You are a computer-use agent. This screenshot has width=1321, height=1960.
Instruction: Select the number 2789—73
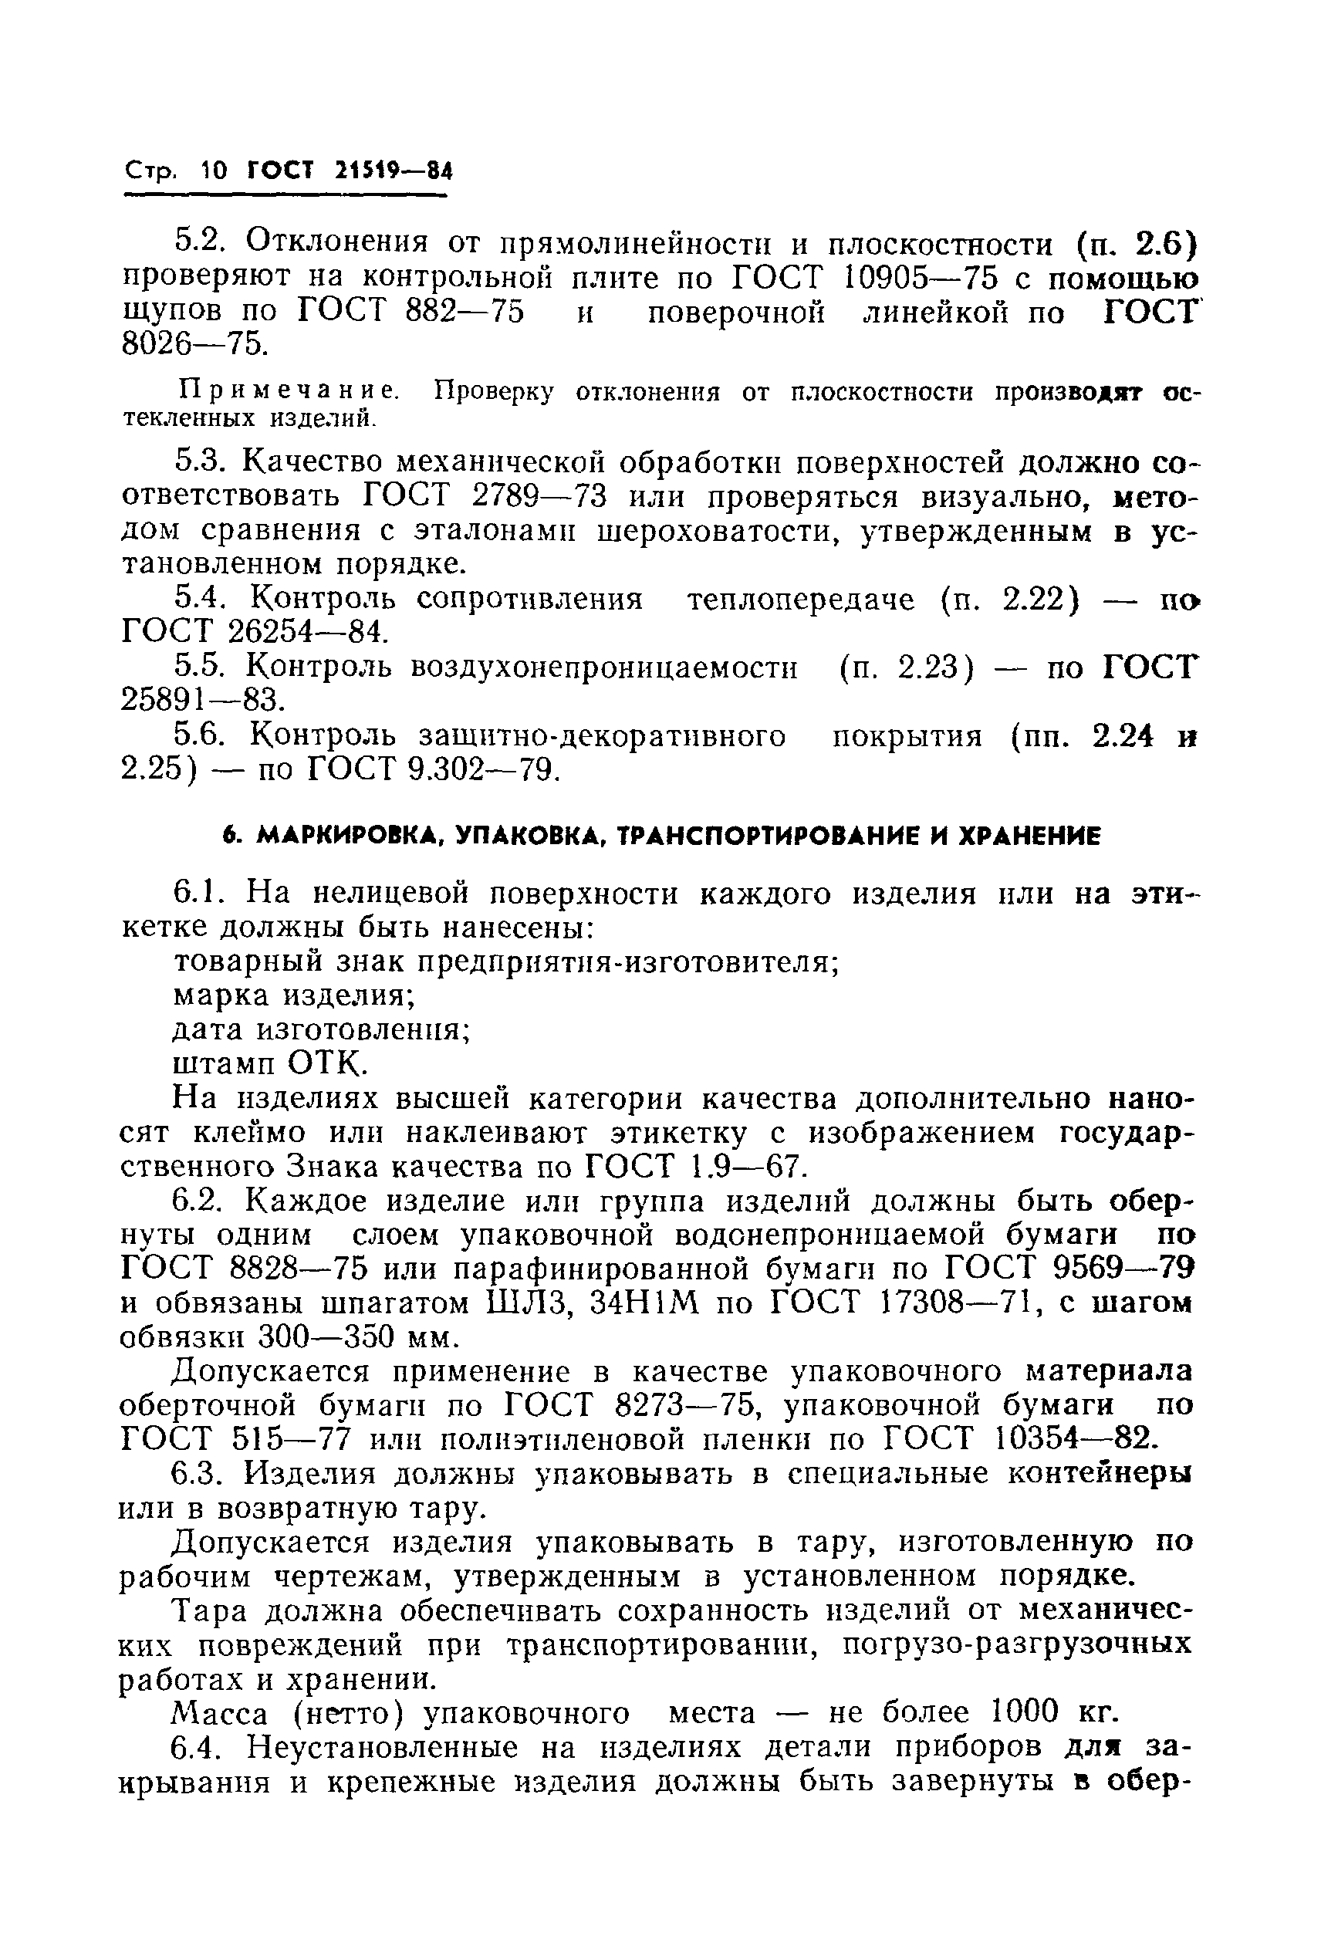[x=539, y=498]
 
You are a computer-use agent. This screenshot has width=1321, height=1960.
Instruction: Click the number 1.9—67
[x=745, y=1168]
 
